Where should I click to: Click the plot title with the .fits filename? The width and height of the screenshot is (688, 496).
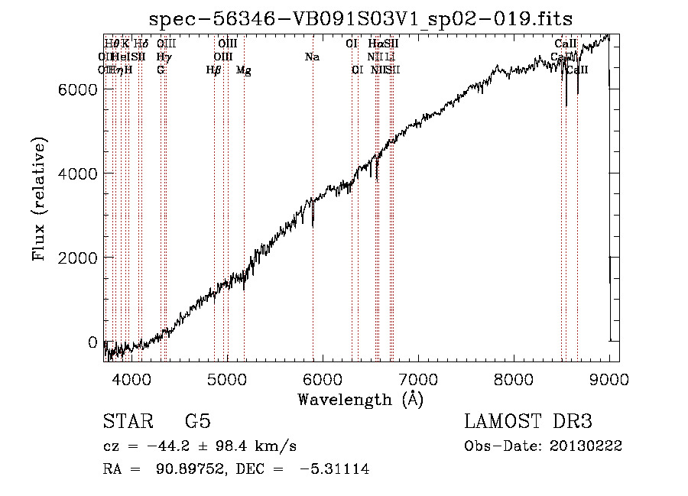(x=361, y=18)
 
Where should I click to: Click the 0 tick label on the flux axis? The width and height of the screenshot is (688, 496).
(x=92, y=342)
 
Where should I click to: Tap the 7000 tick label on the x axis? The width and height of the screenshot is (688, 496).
(x=418, y=378)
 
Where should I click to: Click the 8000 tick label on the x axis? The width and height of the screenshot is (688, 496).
(x=514, y=378)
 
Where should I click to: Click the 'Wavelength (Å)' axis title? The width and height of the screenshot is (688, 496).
(x=360, y=398)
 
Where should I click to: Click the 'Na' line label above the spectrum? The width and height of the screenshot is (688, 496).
(x=312, y=57)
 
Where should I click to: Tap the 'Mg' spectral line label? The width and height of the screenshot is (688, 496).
(x=243, y=70)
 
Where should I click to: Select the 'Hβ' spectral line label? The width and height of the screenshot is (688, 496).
(x=214, y=70)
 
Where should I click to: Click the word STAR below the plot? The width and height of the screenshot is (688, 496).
(x=128, y=422)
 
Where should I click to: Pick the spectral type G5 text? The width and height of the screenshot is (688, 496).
(x=198, y=422)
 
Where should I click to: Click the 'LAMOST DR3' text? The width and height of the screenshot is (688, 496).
(x=527, y=422)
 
